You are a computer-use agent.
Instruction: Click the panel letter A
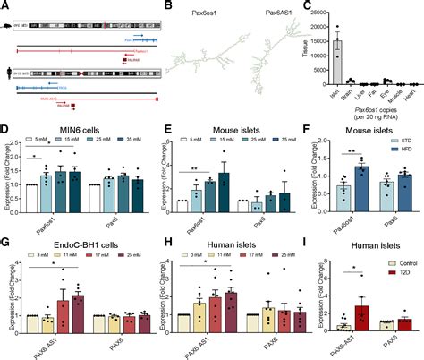pos(5,5)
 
